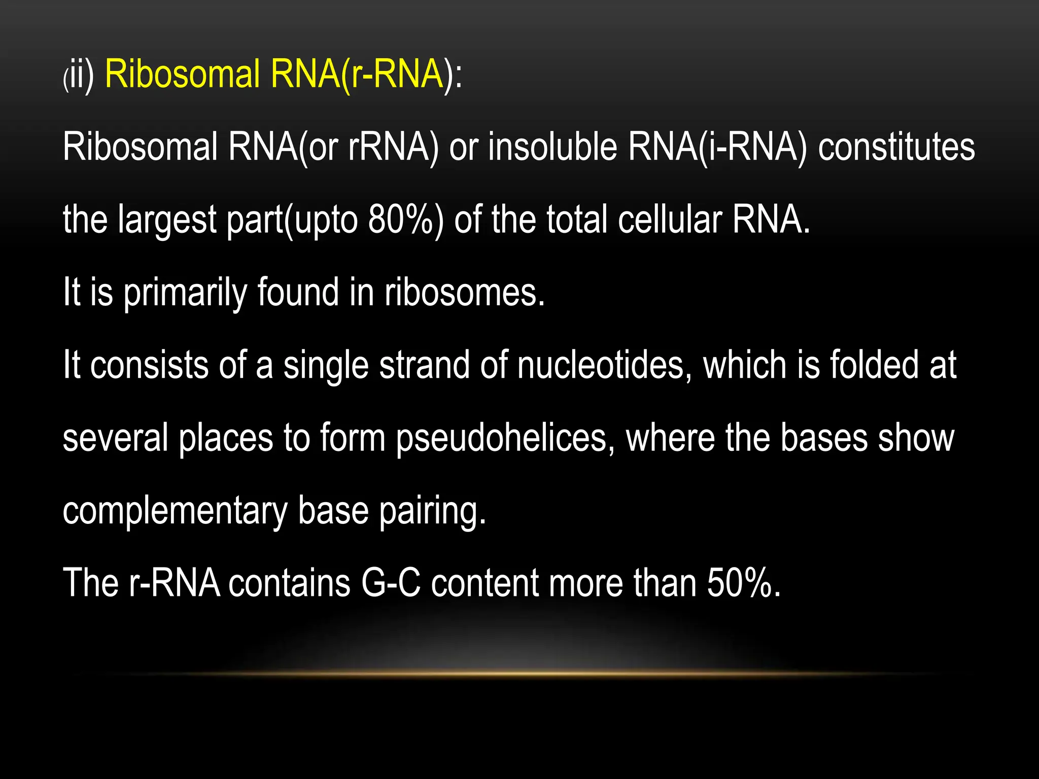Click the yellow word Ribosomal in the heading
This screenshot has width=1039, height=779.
183,74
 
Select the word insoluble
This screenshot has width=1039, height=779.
552,147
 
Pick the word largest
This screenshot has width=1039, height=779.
167,221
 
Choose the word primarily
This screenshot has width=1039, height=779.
185,293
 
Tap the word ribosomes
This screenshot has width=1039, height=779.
464,293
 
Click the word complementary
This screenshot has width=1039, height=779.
175,511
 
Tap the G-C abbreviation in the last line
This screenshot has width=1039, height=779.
391,583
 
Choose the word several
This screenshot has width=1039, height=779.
115,438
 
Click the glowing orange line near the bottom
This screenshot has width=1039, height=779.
519,674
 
